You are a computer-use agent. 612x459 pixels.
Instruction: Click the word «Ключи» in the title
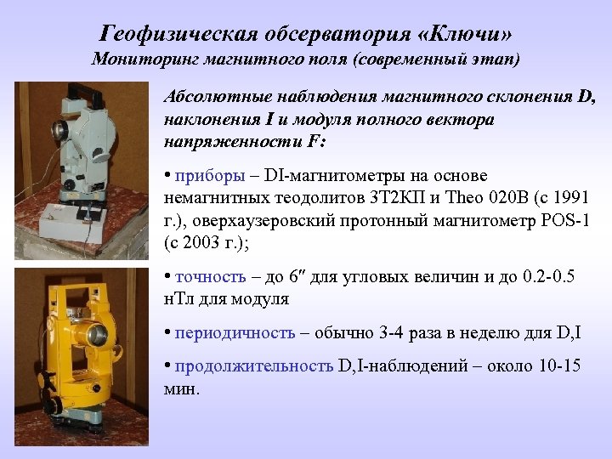coord(470,34)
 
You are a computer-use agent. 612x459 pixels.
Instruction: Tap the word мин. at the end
coord(180,388)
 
